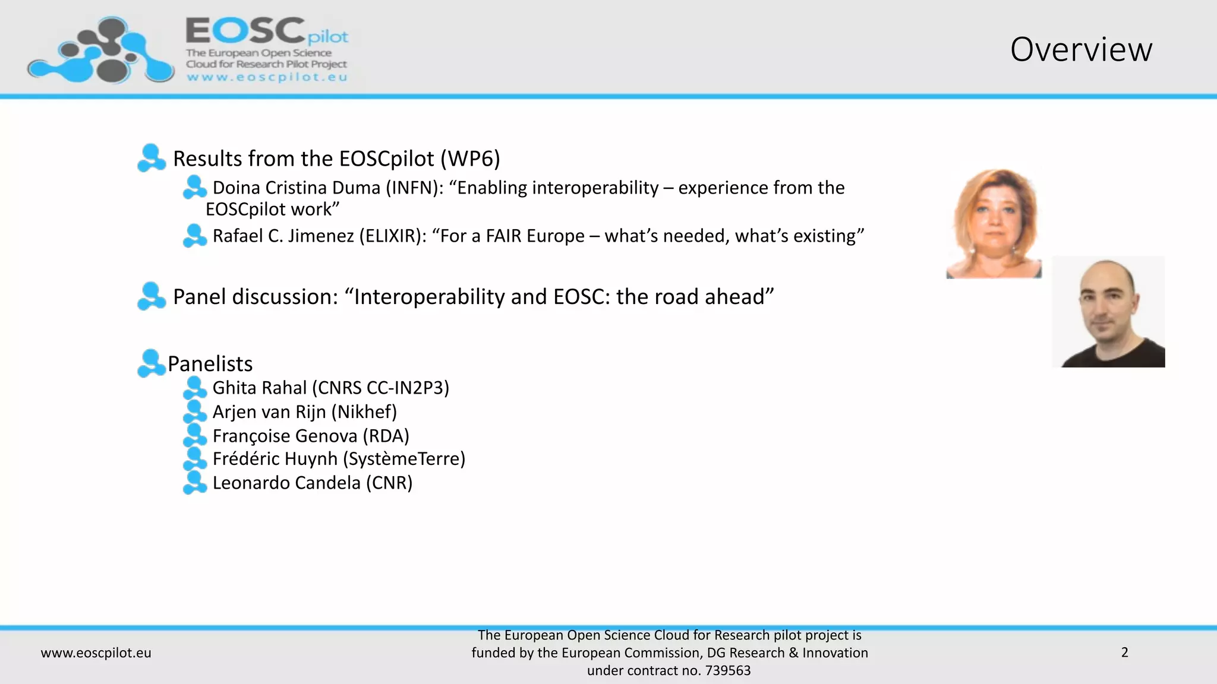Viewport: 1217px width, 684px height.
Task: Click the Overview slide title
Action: click(1081, 49)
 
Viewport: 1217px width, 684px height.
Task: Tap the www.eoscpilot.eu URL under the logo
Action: click(267, 77)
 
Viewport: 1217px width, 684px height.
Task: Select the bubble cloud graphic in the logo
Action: click(101, 52)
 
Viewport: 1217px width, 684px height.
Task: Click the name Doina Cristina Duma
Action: click(296, 188)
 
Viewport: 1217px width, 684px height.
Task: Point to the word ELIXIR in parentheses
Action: click(392, 236)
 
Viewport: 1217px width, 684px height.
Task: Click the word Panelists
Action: click(210, 363)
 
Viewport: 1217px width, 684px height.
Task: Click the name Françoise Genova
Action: click(285, 436)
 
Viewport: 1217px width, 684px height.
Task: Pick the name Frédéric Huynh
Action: click(275, 459)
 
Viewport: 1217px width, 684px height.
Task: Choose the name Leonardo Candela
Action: click(286, 483)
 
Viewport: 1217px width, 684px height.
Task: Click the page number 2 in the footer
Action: click(1124, 653)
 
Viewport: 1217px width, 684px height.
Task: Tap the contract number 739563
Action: click(728, 671)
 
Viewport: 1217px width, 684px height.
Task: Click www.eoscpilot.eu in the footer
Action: click(96, 653)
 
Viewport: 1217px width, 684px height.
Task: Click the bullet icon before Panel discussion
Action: click(151, 296)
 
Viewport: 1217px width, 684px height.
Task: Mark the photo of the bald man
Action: click(1109, 312)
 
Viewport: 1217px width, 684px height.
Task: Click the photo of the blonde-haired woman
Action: click(994, 224)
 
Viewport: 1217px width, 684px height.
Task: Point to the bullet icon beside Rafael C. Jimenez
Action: click(194, 236)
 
